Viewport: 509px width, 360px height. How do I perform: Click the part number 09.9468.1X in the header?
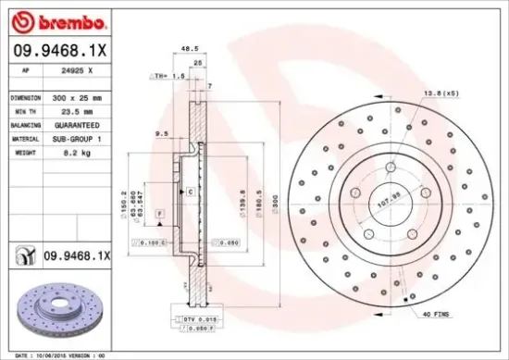click(59, 52)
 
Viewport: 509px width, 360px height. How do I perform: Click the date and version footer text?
click(63, 354)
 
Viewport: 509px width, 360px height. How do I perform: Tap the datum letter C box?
click(190, 192)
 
